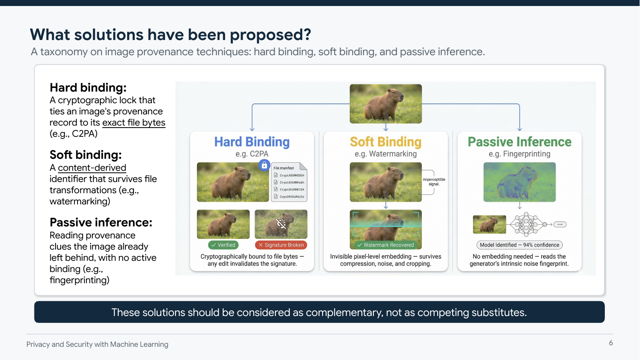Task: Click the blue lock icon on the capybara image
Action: point(264,165)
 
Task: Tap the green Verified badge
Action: point(223,245)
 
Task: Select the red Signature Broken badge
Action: point(281,245)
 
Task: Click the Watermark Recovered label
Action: point(385,245)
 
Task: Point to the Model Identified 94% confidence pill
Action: point(519,245)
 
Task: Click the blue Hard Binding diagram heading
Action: point(252,142)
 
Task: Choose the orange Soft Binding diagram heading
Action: point(385,142)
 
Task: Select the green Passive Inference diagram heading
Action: point(519,142)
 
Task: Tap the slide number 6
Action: point(610,343)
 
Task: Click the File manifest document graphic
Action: point(289,182)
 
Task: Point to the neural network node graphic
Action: point(527,224)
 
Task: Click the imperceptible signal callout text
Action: point(434,182)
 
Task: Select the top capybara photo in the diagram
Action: point(385,104)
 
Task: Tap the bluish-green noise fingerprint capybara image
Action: point(519,182)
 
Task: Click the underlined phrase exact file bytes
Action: point(134,123)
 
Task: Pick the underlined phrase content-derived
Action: point(92,168)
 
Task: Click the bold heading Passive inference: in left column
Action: point(101,222)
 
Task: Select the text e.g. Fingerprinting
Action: point(519,154)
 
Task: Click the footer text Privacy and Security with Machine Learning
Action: point(97,344)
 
